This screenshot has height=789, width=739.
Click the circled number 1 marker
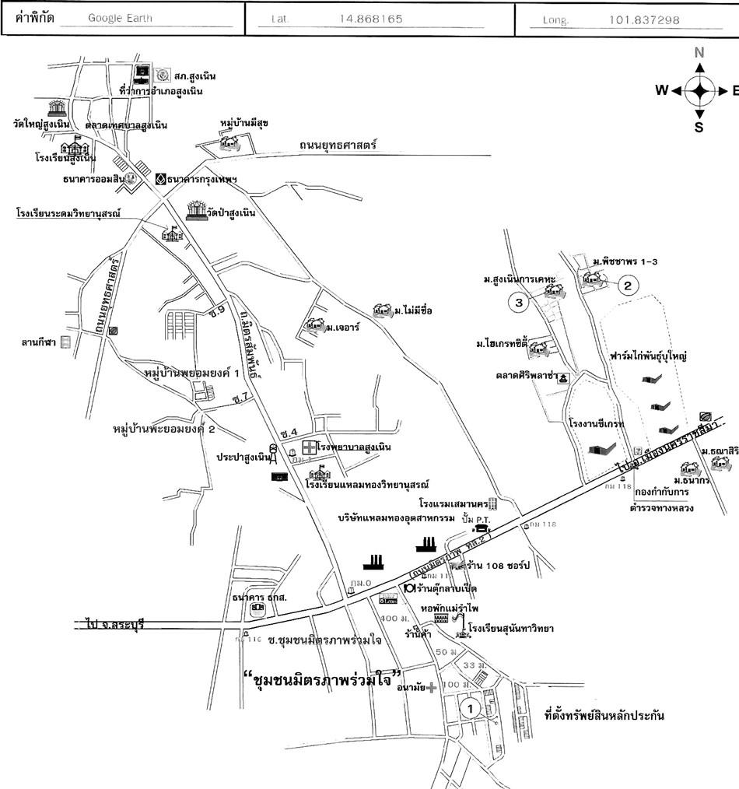tap(468, 708)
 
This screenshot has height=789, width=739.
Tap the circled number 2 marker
tap(629, 285)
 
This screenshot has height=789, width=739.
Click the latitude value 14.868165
tap(371, 19)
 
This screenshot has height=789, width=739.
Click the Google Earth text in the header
tap(120, 19)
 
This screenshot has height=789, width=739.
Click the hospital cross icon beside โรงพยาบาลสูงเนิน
tap(309, 447)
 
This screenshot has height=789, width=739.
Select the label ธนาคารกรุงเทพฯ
tap(202, 178)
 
